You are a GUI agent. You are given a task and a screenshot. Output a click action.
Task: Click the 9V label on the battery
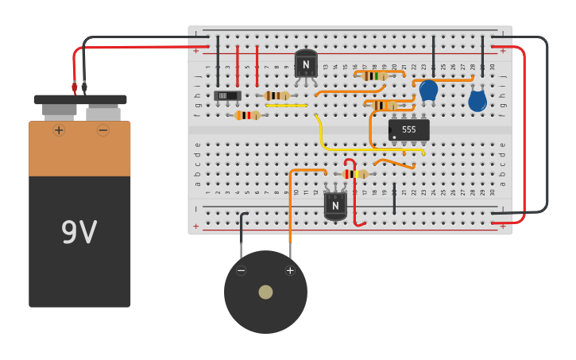(x=79, y=233)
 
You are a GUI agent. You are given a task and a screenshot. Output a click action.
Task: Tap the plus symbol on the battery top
(x=59, y=130)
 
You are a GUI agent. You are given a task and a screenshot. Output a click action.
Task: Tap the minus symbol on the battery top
(x=102, y=130)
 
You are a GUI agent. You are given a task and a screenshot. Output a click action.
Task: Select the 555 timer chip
(x=408, y=130)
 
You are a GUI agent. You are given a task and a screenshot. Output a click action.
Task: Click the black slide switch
(x=227, y=95)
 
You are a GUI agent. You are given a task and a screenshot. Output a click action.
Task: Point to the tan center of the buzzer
(x=265, y=292)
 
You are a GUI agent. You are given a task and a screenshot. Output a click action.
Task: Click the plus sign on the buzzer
(x=290, y=270)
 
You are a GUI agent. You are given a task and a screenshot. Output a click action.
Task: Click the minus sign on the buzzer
(x=242, y=270)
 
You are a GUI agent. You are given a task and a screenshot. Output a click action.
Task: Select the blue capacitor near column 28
(x=477, y=100)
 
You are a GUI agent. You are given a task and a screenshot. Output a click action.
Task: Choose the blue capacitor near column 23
(x=428, y=90)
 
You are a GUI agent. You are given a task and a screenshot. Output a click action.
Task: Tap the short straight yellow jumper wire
(x=286, y=105)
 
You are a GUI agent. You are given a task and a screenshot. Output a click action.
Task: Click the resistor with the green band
(x=373, y=75)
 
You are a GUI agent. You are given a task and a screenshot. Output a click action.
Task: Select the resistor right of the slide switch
(x=276, y=95)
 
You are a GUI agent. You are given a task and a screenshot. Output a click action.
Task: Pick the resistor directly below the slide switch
(x=247, y=115)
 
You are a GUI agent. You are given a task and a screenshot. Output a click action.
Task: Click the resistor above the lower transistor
(x=355, y=174)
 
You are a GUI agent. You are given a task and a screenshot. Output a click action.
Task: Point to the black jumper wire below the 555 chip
(x=394, y=199)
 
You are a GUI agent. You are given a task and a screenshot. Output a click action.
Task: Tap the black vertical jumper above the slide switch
(x=218, y=60)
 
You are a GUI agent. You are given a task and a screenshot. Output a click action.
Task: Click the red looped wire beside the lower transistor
(x=354, y=195)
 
